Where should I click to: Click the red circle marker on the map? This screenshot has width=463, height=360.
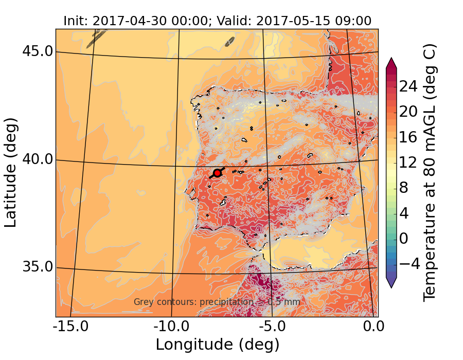[217, 173]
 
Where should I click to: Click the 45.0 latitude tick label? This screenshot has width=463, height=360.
[38, 51]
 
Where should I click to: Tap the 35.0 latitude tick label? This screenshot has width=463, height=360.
[38, 267]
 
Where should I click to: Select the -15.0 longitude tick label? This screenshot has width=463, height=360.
[71, 327]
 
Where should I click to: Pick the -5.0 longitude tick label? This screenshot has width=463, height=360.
[272, 327]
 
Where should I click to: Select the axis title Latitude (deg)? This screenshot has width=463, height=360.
[11, 172]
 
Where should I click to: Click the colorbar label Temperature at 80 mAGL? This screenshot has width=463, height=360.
[430, 172]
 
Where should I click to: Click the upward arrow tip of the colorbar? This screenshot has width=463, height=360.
[391, 59]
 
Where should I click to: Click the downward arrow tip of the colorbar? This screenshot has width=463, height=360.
[391, 287]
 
